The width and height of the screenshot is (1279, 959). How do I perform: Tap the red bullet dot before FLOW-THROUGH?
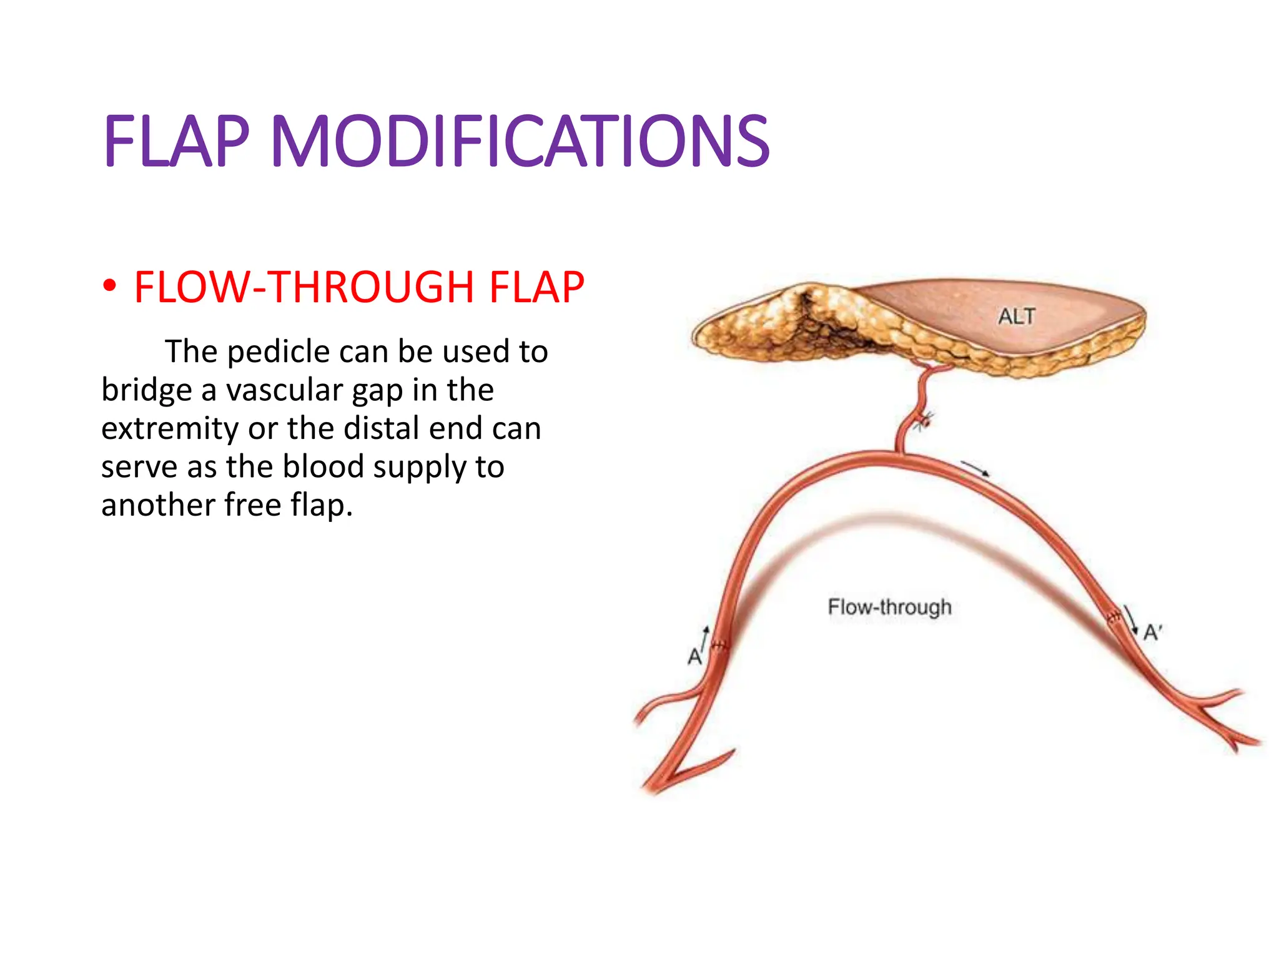click(110, 287)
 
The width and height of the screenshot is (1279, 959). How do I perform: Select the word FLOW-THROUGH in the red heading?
click(305, 288)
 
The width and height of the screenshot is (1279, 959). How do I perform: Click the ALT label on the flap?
click(1017, 317)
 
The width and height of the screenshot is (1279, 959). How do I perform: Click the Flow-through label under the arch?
click(889, 607)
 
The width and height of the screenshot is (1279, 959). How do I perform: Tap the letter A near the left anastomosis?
click(694, 657)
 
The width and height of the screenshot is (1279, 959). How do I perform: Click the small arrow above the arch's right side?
click(975, 468)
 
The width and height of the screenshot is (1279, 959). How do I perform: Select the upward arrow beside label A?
click(704, 638)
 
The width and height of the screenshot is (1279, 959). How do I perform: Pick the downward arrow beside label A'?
click(1130, 619)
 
